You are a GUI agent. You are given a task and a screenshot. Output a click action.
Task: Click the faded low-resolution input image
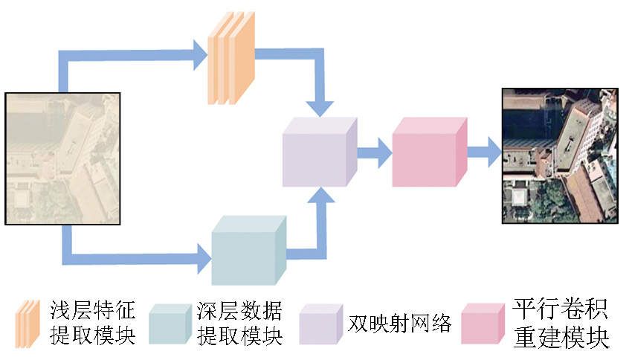[x=62, y=158]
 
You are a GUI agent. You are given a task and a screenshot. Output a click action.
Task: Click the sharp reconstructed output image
[x=559, y=155]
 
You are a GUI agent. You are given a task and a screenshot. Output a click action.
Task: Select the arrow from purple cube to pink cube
[x=375, y=152]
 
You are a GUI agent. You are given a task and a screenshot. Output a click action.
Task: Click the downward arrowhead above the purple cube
[x=321, y=106]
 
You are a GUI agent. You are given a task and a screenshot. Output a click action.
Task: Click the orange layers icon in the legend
[x=28, y=324]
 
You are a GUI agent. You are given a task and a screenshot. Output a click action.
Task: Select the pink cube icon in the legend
[x=484, y=324]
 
